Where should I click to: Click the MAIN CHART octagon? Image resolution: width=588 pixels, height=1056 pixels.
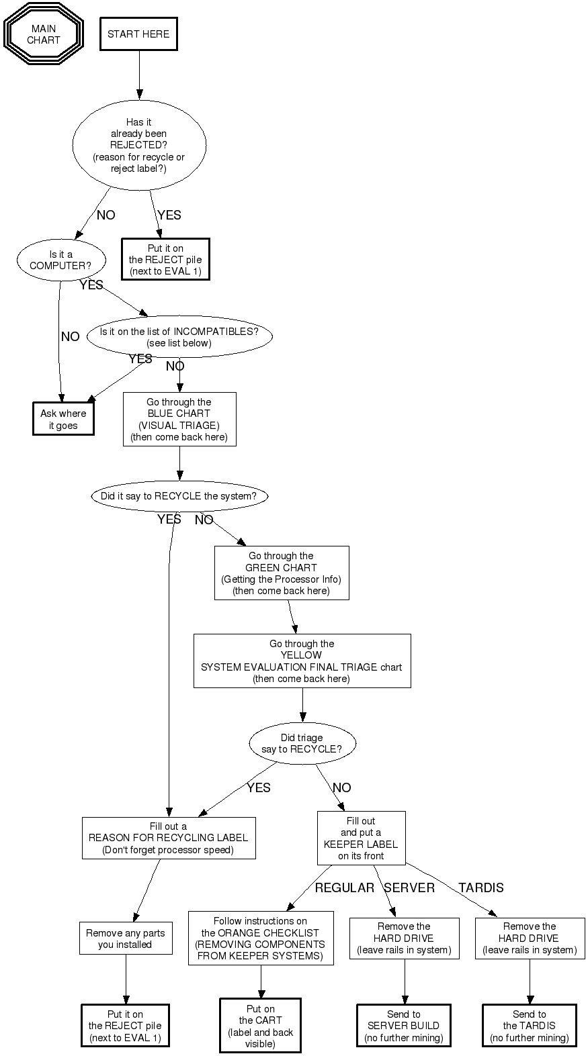coord(44,34)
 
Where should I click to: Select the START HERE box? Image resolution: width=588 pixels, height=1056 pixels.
coord(138,34)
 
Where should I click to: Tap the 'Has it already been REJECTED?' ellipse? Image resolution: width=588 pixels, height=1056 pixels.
coord(139,145)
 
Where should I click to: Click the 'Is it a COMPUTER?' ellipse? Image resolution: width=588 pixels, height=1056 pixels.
coord(61,260)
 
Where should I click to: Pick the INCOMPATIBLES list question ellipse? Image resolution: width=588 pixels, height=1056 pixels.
coord(179,337)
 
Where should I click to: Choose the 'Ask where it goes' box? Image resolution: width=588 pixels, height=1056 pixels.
coord(63,419)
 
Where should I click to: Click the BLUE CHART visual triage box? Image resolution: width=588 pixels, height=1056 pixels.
coord(179,420)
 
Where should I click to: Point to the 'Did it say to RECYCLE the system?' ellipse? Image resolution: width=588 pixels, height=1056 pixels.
coord(179,497)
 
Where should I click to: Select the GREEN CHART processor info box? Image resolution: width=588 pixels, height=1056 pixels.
coord(282,573)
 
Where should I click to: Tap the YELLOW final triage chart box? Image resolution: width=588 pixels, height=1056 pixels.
coord(302,661)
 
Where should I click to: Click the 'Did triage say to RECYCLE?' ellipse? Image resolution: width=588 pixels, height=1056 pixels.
coord(302,744)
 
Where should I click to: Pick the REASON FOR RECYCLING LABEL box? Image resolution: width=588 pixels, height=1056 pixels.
coord(169,838)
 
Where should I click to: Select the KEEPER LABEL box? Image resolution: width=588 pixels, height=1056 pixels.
coord(362,838)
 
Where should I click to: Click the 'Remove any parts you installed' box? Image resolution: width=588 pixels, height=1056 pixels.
coord(125,939)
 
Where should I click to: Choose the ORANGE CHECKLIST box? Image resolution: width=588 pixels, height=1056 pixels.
coord(261,939)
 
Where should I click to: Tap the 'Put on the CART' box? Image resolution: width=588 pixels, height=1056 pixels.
coord(261,1026)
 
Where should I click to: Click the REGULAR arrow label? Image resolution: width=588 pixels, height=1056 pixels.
coord(345,888)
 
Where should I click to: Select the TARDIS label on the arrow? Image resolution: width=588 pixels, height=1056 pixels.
coord(481,888)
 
